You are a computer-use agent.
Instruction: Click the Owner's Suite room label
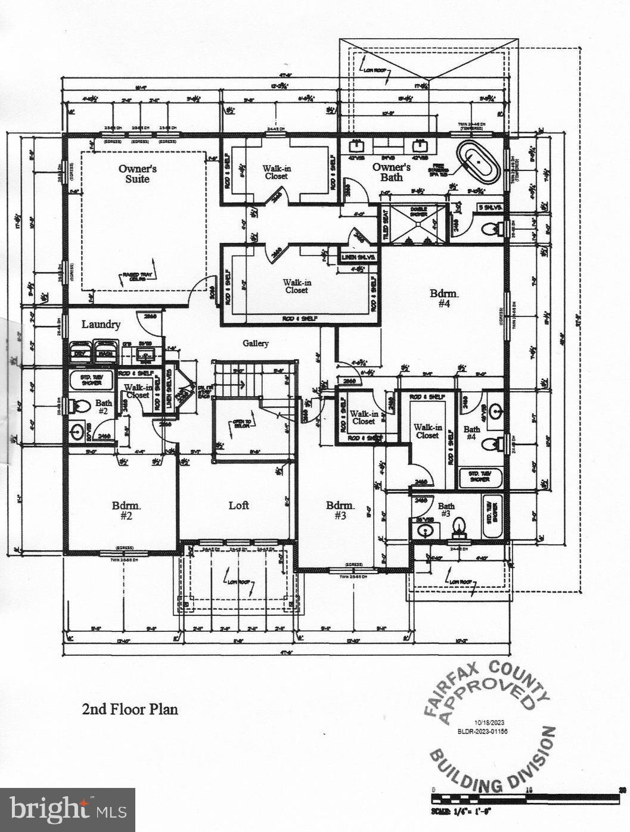[x=137, y=173]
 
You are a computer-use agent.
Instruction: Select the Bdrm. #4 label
[x=445, y=298]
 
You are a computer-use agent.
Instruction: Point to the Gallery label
[x=255, y=343]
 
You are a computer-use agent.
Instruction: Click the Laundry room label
[x=101, y=325]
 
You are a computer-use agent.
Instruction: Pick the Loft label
[x=238, y=506]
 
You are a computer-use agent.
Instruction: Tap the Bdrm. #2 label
[x=126, y=510]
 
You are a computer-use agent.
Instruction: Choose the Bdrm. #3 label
[x=340, y=510]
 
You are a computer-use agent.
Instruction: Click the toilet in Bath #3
[x=458, y=526]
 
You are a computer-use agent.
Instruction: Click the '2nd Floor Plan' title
[x=129, y=709]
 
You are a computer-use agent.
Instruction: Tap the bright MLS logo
[x=67, y=810]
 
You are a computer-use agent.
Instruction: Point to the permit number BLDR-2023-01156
[x=483, y=731]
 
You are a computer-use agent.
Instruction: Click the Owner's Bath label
[x=392, y=172]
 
